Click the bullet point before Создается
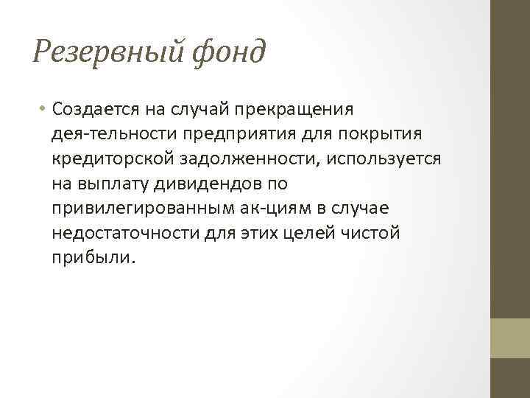coord(43,109)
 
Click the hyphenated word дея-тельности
coord(106,134)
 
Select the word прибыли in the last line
coord(93,259)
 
